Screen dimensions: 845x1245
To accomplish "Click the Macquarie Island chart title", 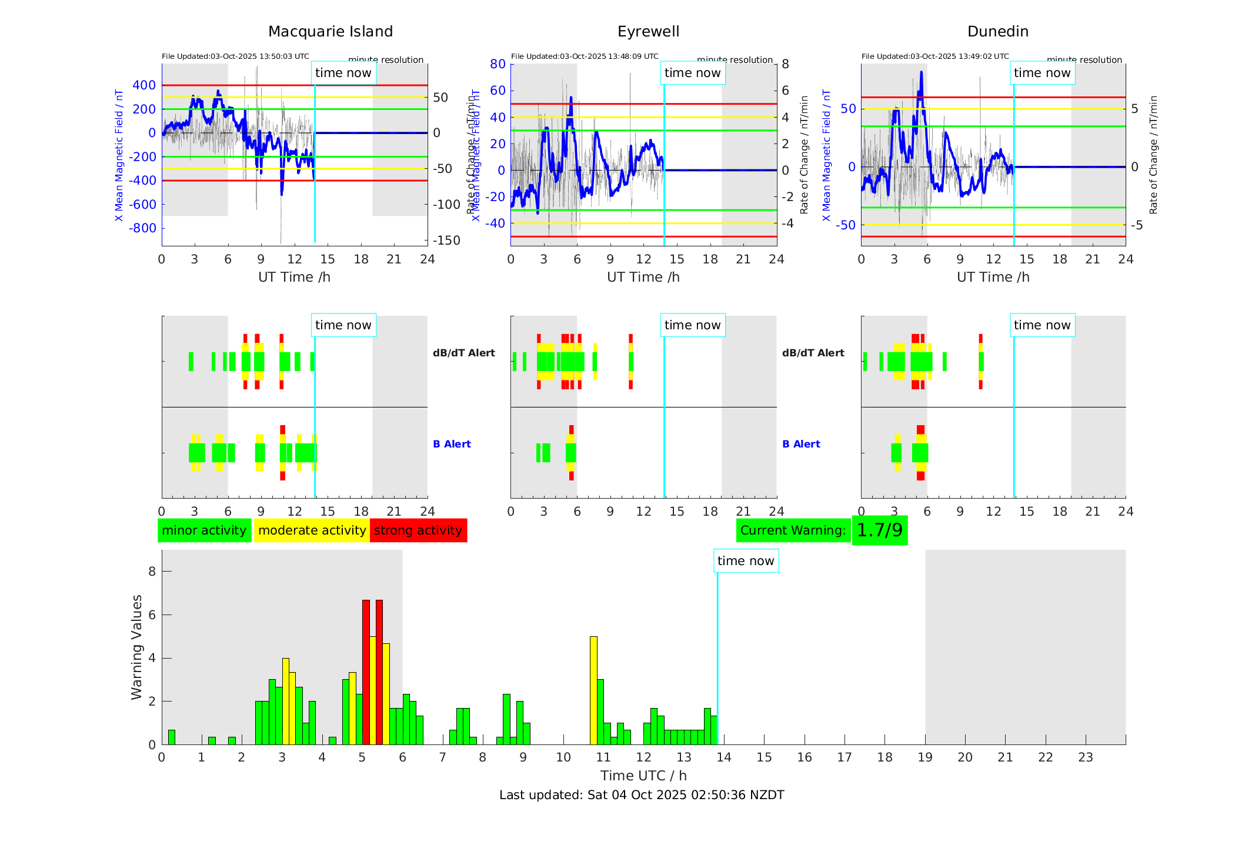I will (x=330, y=32).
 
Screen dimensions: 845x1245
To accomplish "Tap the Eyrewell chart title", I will (x=648, y=32).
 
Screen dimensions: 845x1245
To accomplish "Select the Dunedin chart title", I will (x=997, y=32).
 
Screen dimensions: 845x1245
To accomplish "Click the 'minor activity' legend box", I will (x=204, y=530).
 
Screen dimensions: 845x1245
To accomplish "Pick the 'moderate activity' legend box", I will (x=312, y=530).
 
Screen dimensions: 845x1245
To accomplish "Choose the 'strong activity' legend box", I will (x=418, y=530).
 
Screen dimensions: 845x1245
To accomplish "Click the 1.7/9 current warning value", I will (x=879, y=530).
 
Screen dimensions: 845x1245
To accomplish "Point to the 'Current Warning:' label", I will (x=793, y=530).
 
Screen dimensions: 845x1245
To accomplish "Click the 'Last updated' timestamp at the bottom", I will (x=642, y=795).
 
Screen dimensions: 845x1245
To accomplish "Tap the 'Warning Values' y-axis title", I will (x=137, y=647).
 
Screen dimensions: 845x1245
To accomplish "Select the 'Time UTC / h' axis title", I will (x=643, y=776).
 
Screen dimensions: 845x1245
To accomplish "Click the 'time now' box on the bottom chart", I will (x=746, y=561).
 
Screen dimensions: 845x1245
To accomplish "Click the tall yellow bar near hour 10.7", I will (x=593, y=690).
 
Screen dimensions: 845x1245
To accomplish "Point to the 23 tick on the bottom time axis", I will (x=1085, y=757).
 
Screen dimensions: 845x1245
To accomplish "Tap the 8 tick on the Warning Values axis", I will (x=152, y=572).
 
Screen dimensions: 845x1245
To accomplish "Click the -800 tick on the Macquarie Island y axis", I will (x=144, y=228).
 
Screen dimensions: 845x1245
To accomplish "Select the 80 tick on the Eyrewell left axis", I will (x=498, y=64).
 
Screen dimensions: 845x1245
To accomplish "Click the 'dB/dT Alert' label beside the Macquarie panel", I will (x=463, y=353).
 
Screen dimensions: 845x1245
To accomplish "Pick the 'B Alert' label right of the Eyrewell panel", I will (x=801, y=444).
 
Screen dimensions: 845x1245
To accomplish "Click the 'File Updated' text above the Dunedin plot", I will (x=934, y=56).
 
